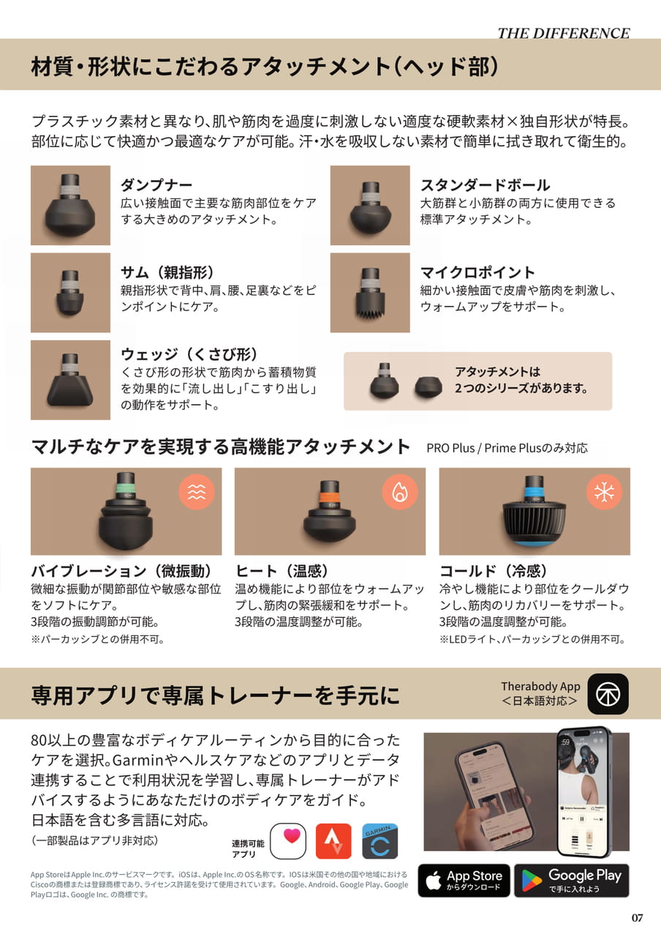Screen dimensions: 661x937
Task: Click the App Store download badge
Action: pyautogui.click(x=464, y=881)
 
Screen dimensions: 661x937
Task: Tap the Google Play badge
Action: pyautogui.click(x=572, y=881)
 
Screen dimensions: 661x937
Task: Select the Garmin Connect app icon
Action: pyautogui.click(x=379, y=841)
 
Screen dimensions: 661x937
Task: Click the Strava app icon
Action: pyautogui.click(x=333, y=841)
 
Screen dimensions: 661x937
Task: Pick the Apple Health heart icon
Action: pyautogui.click(x=288, y=841)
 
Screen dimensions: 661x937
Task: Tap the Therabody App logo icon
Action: pyautogui.click(x=608, y=694)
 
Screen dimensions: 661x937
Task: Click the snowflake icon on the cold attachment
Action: pyautogui.click(x=604, y=492)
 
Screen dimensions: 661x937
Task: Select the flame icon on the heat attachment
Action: pyautogui.click(x=400, y=492)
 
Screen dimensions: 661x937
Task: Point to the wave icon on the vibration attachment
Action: pyautogui.click(x=197, y=492)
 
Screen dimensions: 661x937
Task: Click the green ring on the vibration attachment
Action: pyautogui.click(x=125, y=488)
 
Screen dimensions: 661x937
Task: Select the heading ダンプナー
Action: pyautogui.click(x=156, y=185)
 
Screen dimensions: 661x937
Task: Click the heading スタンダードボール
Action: pyautogui.click(x=485, y=185)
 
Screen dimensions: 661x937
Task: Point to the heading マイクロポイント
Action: pyautogui.click(x=477, y=272)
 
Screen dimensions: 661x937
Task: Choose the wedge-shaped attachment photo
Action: pyautogui.click(x=70, y=380)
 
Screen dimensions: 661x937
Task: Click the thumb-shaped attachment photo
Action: pyautogui.click(x=70, y=292)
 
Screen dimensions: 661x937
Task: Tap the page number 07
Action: pyautogui.click(x=637, y=917)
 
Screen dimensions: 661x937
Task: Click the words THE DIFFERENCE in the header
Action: pyautogui.click(x=564, y=34)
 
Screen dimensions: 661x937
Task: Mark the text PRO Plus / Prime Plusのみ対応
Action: pyautogui.click(x=507, y=448)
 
